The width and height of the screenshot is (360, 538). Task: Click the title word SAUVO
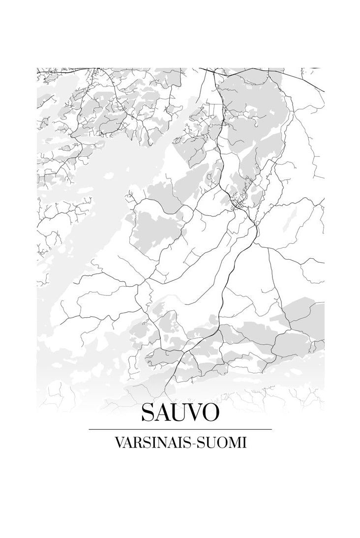point(180,413)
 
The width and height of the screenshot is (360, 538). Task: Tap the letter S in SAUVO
point(147,413)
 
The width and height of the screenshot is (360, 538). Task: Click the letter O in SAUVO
point(210,413)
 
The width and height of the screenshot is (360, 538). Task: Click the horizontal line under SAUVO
point(180,429)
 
